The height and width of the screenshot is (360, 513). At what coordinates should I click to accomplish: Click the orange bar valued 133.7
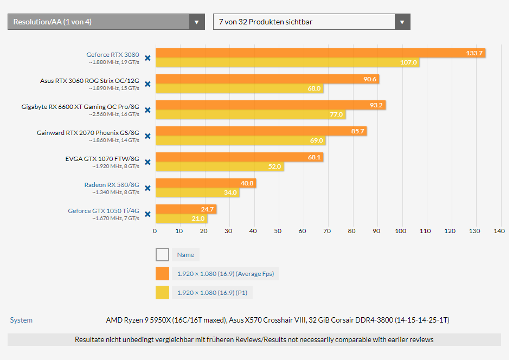(x=320, y=53)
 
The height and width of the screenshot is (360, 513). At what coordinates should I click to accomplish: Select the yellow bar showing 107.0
(x=287, y=62)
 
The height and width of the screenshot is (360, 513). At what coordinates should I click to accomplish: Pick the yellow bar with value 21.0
(x=181, y=218)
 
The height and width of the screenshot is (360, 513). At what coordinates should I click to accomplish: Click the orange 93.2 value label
(x=376, y=105)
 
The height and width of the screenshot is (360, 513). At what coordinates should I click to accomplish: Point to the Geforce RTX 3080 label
(x=112, y=55)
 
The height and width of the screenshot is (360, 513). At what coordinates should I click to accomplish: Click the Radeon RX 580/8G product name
(x=111, y=185)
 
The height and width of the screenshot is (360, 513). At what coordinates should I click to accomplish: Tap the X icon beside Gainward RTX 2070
(x=148, y=136)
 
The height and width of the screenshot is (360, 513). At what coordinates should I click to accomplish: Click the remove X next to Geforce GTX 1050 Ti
(x=148, y=214)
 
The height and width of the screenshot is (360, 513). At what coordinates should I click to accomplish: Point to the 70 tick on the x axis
(x=327, y=232)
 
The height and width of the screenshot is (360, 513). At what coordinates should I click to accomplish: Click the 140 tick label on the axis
(x=499, y=232)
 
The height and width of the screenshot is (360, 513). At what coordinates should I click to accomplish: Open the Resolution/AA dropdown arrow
(x=196, y=22)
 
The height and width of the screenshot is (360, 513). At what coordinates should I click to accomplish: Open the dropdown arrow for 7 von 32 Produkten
(x=402, y=22)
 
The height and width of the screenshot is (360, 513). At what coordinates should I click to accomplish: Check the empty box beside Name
(x=162, y=255)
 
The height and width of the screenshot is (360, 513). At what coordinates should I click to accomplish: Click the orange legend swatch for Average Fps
(x=162, y=274)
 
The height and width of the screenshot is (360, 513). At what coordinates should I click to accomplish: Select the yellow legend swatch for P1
(x=162, y=293)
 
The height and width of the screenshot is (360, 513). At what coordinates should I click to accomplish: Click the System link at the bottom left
(x=21, y=320)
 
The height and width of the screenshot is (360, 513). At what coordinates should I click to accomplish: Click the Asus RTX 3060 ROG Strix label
(x=89, y=81)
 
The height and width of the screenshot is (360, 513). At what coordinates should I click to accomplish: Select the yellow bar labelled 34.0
(x=197, y=192)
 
